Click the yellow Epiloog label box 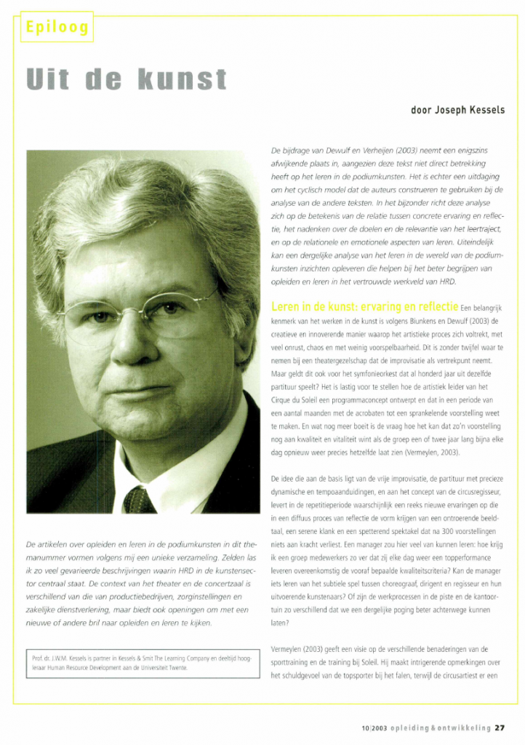(57, 27)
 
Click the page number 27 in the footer (500, 726)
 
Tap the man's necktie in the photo (138, 500)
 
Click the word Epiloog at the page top (57, 27)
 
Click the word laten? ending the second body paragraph (281, 623)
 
